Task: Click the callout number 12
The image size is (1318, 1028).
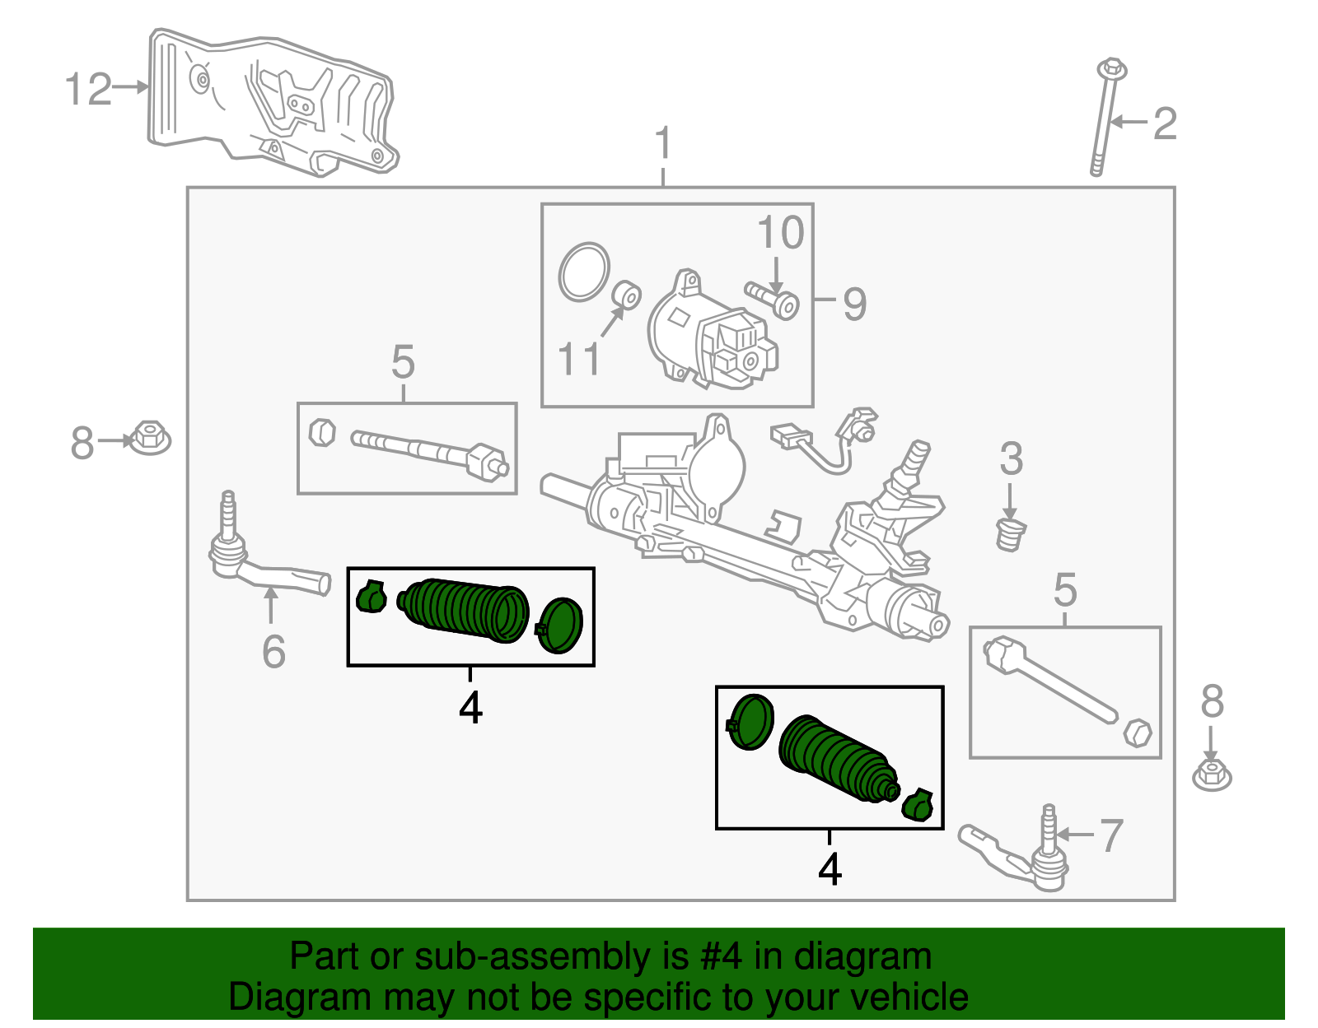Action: [x=89, y=89]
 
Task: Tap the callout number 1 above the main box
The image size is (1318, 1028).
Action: [x=663, y=143]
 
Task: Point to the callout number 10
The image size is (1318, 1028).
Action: [x=781, y=232]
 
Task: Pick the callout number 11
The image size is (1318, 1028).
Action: [x=579, y=359]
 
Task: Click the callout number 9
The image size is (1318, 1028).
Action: [x=854, y=304]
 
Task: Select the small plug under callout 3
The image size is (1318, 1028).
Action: [x=1011, y=533]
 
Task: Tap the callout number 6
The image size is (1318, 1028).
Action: [x=273, y=652]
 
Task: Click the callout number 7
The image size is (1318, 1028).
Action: [x=1111, y=835]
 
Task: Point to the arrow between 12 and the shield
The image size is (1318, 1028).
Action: [x=130, y=87]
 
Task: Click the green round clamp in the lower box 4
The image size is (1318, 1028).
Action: [x=750, y=722]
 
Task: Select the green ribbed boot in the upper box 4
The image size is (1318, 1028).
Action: [x=464, y=611]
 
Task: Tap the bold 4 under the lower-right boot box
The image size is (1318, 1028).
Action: [x=830, y=869]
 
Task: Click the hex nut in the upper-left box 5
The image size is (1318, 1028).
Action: [x=322, y=433]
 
